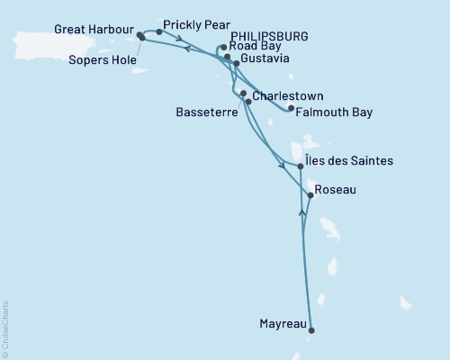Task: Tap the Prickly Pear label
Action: coord(196,24)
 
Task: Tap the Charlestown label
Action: coord(288,95)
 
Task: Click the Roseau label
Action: coord(337,190)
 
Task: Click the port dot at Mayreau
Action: coord(312,330)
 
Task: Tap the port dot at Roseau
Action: coord(310,194)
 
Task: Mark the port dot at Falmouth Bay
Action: coord(290,108)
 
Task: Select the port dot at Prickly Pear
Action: coord(159,31)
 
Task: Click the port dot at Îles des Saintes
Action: coord(300,166)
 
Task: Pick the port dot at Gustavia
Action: coord(237,64)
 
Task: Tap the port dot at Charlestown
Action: coord(244,93)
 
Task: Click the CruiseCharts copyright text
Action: coord(5,328)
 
